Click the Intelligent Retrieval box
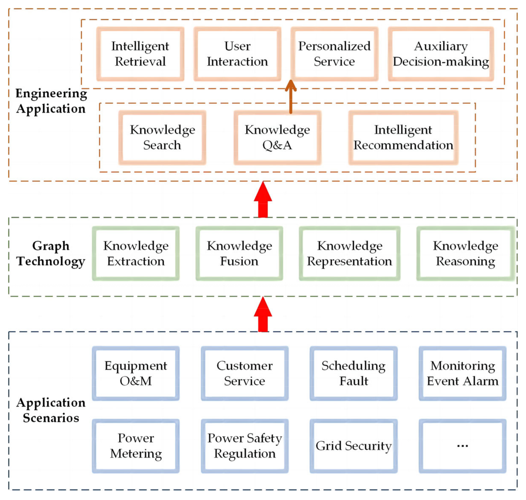(140, 54)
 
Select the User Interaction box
(237, 54)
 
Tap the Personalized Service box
(334, 54)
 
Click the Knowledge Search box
(162, 137)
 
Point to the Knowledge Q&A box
(277, 137)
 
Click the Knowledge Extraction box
(136, 253)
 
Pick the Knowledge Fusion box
(239, 253)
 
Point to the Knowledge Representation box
(349, 253)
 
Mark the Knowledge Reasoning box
(465, 253)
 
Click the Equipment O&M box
(136, 373)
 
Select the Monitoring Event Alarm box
(462, 373)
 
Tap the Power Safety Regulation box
(245, 446)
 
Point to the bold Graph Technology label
(51, 253)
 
